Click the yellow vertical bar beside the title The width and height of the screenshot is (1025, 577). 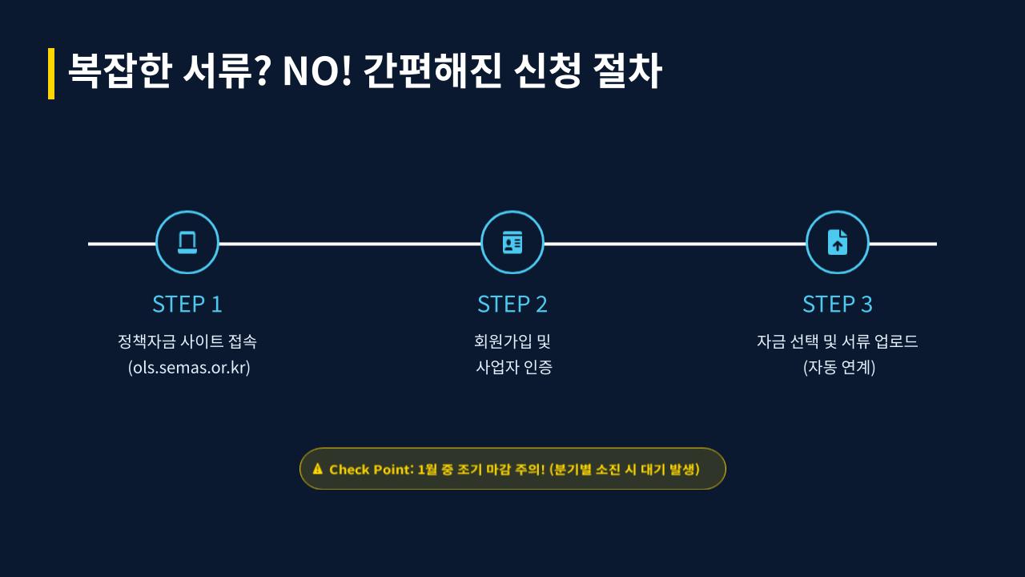point(51,73)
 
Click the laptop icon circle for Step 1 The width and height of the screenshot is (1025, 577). point(187,243)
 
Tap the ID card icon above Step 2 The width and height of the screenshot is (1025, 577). point(512,243)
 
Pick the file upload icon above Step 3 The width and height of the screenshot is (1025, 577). point(837,243)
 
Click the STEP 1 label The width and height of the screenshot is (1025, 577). point(187,305)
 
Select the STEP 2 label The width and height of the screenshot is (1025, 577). point(512,305)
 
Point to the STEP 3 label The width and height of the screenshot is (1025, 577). point(837,305)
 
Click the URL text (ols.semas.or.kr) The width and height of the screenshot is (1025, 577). point(189,368)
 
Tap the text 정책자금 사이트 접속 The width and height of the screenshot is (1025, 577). point(187,341)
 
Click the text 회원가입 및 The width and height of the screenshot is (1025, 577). point(512,341)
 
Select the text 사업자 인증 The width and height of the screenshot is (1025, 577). point(514,368)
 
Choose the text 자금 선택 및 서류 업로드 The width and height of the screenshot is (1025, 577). point(837,341)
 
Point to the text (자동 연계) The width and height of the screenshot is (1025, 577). point(838,368)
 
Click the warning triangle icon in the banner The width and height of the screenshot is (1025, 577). point(318,469)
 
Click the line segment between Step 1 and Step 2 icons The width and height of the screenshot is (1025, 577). point(350,243)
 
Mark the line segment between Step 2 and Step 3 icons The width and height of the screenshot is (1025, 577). point(674,243)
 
